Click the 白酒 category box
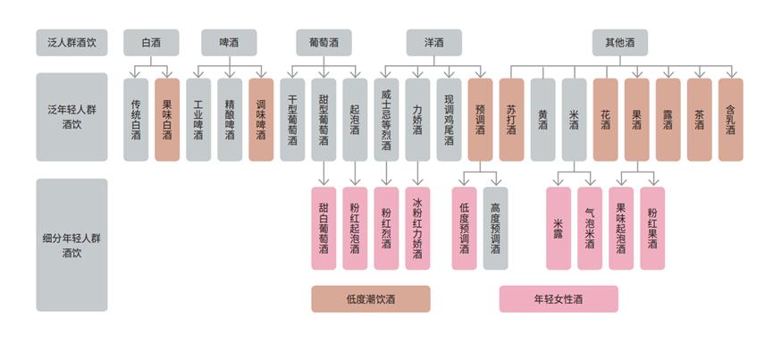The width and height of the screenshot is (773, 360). point(151,43)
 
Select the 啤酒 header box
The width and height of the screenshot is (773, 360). point(230,43)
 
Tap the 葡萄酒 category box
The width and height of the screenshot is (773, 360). point(323,43)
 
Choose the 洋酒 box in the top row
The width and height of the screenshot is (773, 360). point(434,43)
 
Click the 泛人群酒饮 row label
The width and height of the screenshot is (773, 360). point(71,43)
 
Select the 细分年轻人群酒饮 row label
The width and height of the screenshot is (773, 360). point(71,245)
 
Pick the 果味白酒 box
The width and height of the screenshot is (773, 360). point(167,120)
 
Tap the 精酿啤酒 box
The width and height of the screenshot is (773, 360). point(230,120)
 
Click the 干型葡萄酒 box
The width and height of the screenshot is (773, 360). point(292,120)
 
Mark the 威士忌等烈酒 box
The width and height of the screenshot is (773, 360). point(386,120)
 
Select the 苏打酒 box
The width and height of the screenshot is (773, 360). point(511,120)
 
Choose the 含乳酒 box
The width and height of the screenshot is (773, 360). point(730,120)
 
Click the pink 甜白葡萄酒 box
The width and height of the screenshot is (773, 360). point(323,228)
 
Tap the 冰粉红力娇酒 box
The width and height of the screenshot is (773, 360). point(417,228)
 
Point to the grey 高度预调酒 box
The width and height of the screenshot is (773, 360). point(496,228)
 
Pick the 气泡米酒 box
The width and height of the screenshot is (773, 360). point(590,228)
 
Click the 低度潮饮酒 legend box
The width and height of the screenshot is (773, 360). point(371,299)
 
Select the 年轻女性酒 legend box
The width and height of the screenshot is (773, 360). point(559,299)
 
